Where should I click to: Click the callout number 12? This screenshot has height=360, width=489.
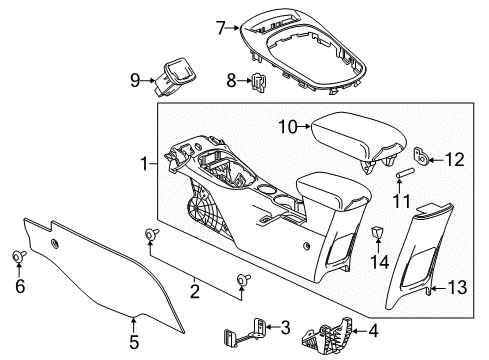coord(454,159)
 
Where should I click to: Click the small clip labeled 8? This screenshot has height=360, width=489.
coord(259,79)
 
